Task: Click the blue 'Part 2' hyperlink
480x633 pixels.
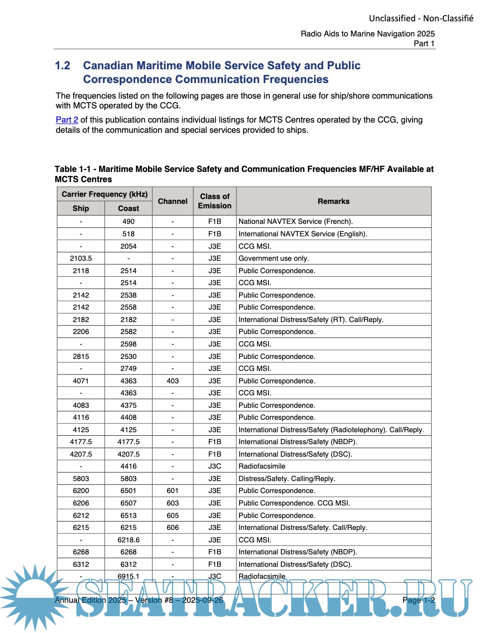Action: [x=67, y=120]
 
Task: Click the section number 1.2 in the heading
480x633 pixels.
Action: [x=63, y=66]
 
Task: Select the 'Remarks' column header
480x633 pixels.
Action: [x=333, y=201]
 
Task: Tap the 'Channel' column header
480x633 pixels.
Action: [x=172, y=201]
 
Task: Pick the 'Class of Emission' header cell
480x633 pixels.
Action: [x=215, y=201]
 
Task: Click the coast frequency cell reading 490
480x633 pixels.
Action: [x=128, y=222]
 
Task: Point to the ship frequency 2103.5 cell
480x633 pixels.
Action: [x=81, y=259]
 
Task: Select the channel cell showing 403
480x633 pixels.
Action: [x=172, y=381]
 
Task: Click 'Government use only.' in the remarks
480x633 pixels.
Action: [x=273, y=259]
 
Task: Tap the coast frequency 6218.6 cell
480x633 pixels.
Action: [x=128, y=540]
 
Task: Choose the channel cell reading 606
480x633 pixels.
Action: [x=172, y=528]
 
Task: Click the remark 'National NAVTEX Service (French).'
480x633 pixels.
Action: [x=296, y=222]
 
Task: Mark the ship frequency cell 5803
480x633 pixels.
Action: [x=81, y=478]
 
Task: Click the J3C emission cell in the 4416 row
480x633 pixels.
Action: [x=215, y=466]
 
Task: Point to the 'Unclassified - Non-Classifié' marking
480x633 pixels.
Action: [x=421, y=18]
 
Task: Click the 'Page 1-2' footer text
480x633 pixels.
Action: [x=418, y=600]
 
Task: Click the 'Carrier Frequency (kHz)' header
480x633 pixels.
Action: [x=104, y=194]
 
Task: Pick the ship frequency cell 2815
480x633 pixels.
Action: [x=81, y=356]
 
